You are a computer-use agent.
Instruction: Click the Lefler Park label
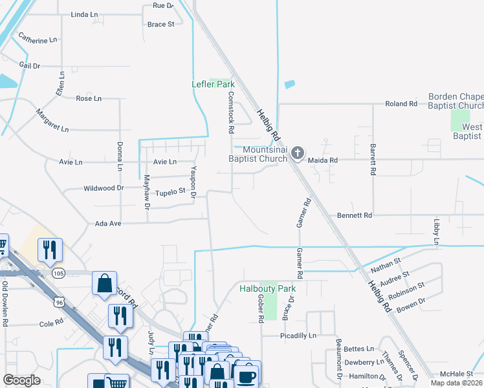pos(213,84)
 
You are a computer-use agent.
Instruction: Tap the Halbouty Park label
pos(267,288)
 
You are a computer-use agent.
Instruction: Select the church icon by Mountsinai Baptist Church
pos(297,153)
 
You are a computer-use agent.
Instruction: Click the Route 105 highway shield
pos(58,274)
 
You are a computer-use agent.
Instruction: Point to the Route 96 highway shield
pos(60,301)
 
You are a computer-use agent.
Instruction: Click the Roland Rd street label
pos(401,103)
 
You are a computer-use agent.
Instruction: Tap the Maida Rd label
pos(324,160)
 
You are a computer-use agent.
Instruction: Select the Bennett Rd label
pos(354,215)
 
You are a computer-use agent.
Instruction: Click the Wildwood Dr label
pos(104,188)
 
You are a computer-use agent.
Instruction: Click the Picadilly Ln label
pos(298,336)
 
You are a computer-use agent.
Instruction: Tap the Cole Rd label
pos(50,323)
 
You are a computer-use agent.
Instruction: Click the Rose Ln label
pos(89,98)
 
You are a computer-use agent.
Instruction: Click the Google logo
pos(22,380)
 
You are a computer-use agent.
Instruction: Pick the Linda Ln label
pos(84,14)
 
